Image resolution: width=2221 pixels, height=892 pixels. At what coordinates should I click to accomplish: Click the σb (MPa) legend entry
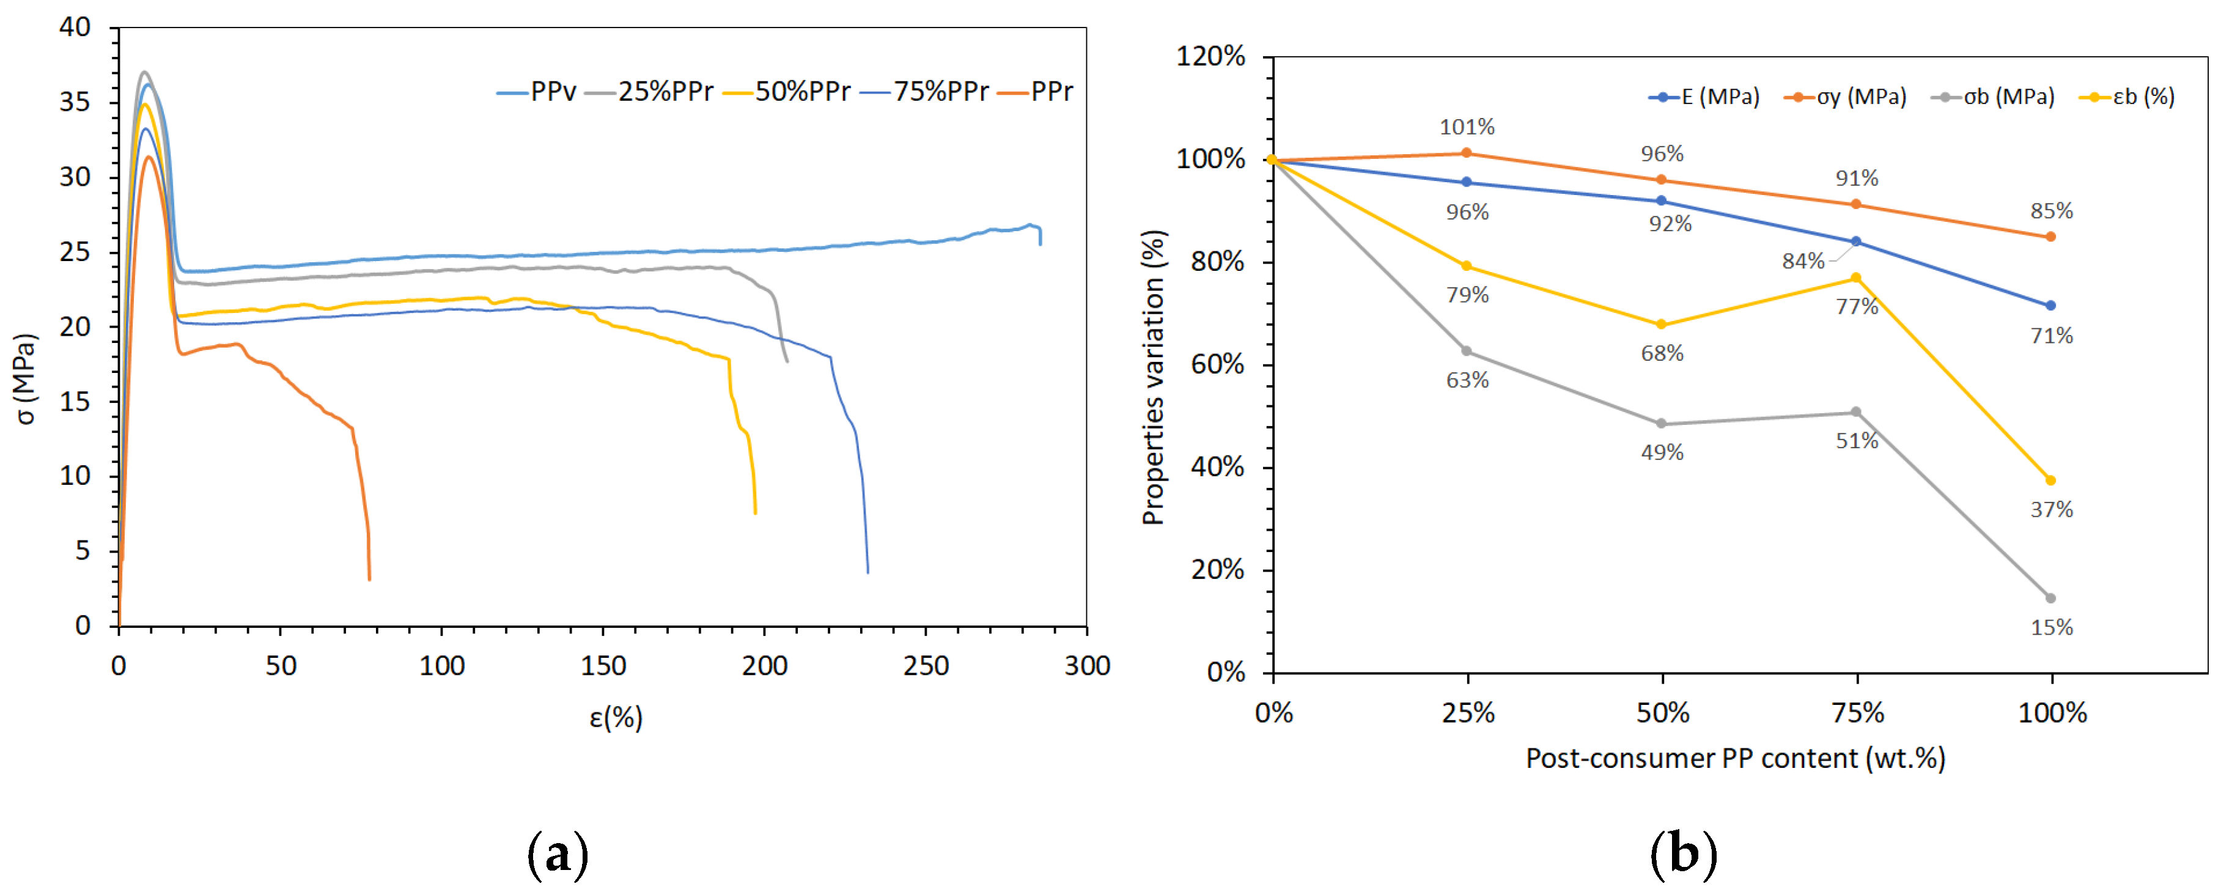pos(1994,97)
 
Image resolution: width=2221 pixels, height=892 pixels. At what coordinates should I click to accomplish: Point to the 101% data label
pos(1467,128)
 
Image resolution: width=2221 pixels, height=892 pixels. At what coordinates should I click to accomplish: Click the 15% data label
pos(2051,627)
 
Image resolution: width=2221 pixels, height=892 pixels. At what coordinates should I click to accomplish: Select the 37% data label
pos(2051,509)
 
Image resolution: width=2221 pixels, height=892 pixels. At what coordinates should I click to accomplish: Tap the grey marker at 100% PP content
pos(2050,598)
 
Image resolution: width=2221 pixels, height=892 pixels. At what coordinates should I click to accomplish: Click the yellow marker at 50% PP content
pos(1662,325)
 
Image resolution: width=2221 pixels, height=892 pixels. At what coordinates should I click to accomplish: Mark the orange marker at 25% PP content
pos(1467,153)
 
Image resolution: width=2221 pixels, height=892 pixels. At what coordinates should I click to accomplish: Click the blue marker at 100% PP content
pos(2050,305)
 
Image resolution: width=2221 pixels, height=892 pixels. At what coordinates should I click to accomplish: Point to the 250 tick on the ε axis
pos(926,665)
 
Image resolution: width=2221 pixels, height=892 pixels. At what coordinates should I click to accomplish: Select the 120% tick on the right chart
pos(1210,57)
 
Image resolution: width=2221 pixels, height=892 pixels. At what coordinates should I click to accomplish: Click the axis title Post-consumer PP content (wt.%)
pos(1735,759)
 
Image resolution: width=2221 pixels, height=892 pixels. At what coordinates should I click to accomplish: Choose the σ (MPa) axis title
pos(27,379)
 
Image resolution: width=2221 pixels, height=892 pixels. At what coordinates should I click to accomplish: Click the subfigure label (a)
pos(558,855)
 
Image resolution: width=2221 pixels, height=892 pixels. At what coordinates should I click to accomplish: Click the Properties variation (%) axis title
pos(1153,377)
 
